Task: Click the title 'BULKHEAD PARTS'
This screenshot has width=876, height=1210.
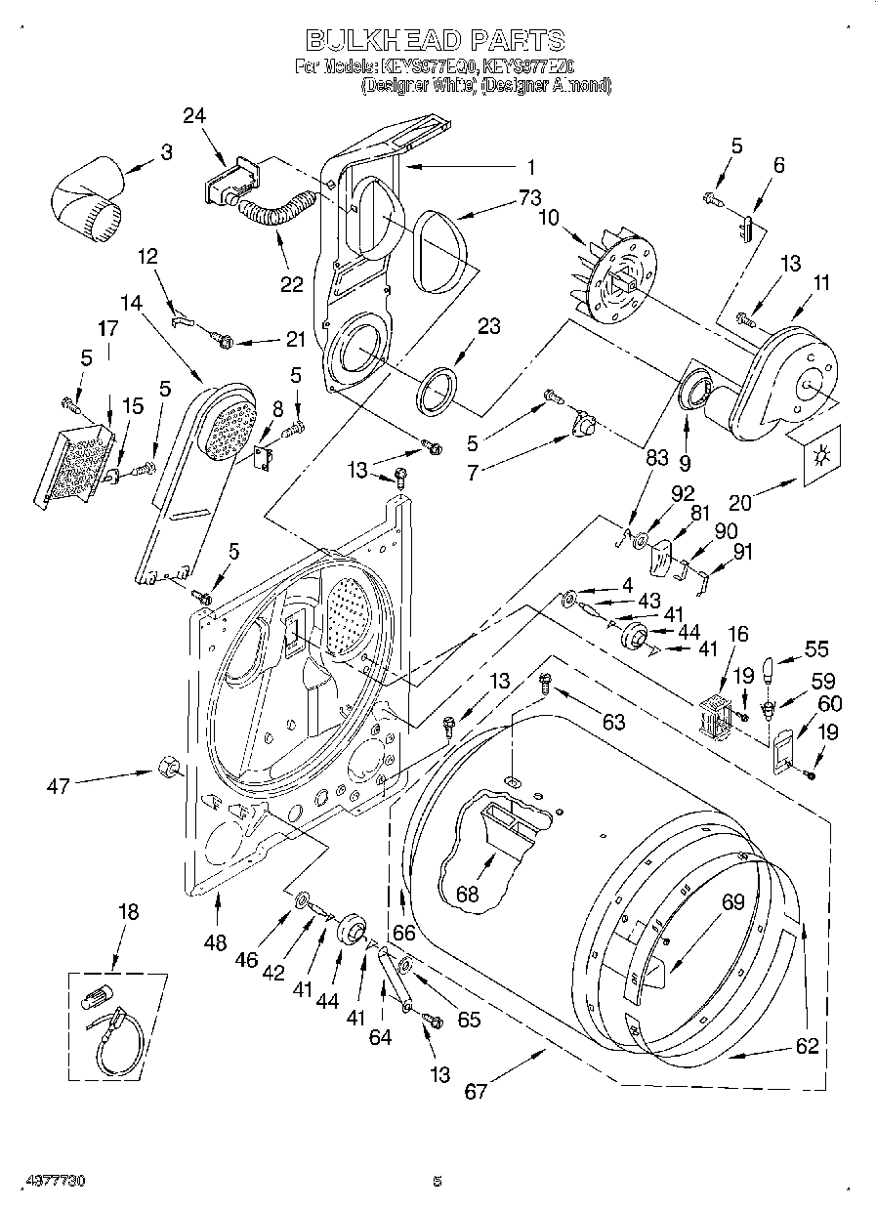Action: (x=435, y=40)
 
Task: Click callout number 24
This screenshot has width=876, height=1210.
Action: (x=194, y=115)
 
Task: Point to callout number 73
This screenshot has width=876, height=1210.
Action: (x=529, y=198)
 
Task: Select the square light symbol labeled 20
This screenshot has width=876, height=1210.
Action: (x=818, y=455)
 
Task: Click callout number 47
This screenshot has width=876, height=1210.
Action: (x=59, y=784)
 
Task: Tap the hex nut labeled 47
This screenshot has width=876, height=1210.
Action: (x=168, y=768)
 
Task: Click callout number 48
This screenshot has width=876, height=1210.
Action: (x=215, y=942)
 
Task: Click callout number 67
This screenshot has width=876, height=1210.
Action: (x=475, y=1092)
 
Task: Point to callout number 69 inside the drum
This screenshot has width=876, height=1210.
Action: (x=733, y=903)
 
